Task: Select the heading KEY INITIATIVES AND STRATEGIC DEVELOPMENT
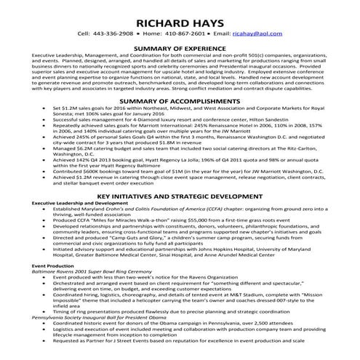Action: [180, 196]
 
